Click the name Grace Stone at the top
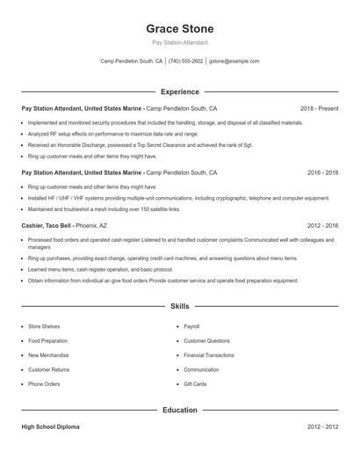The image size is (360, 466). click(x=179, y=28)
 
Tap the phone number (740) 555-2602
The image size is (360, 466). click(x=185, y=62)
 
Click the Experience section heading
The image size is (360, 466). click(x=179, y=91)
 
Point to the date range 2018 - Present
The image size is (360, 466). click(x=319, y=108)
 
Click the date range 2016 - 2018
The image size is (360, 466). click(x=322, y=173)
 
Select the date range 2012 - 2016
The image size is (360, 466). click(x=322, y=226)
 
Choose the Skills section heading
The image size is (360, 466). click(x=179, y=306)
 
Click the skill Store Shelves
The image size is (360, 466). click(x=44, y=326)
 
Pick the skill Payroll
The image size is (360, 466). click(x=191, y=326)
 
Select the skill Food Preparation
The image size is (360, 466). click(x=47, y=340)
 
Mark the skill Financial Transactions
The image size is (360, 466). click(x=208, y=355)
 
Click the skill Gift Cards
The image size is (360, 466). click(x=195, y=384)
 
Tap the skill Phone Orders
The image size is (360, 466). click(x=44, y=384)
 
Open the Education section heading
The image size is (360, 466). click(x=179, y=410)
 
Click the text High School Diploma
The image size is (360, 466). click(x=50, y=426)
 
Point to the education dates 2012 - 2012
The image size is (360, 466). click(x=322, y=426)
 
